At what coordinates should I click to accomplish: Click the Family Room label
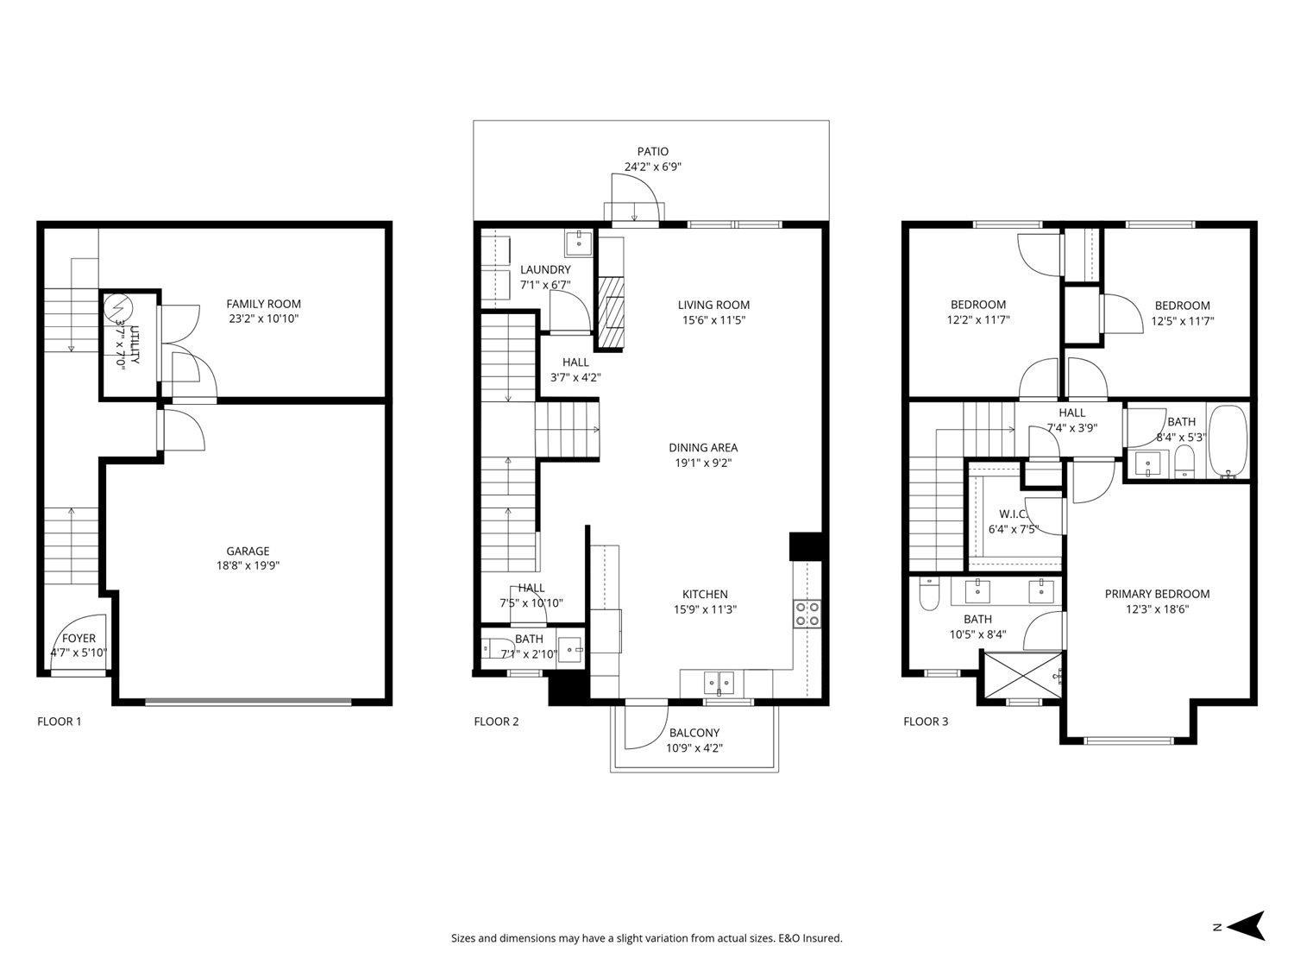pyautogui.click(x=263, y=304)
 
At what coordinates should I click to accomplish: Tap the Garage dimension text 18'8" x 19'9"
pyautogui.click(x=248, y=566)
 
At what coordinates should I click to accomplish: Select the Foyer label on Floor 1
pyautogui.click(x=79, y=639)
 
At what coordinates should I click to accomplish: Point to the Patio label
pyautogui.click(x=652, y=152)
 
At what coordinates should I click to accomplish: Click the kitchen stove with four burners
pyautogui.click(x=807, y=614)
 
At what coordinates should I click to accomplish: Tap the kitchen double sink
pyautogui.click(x=719, y=683)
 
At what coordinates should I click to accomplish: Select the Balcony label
pyautogui.click(x=694, y=734)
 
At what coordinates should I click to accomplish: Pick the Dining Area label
pyautogui.click(x=703, y=448)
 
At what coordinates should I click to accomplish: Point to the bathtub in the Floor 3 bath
pyautogui.click(x=1228, y=442)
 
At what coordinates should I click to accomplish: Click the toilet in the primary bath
pyautogui.click(x=929, y=596)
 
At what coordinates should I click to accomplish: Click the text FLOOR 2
pyautogui.click(x=496, y=722)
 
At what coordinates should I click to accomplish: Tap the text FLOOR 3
pyautogui.click(x=926, y=722)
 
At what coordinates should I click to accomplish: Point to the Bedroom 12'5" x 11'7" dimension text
pyautogui.click(x=1182, y=320)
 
